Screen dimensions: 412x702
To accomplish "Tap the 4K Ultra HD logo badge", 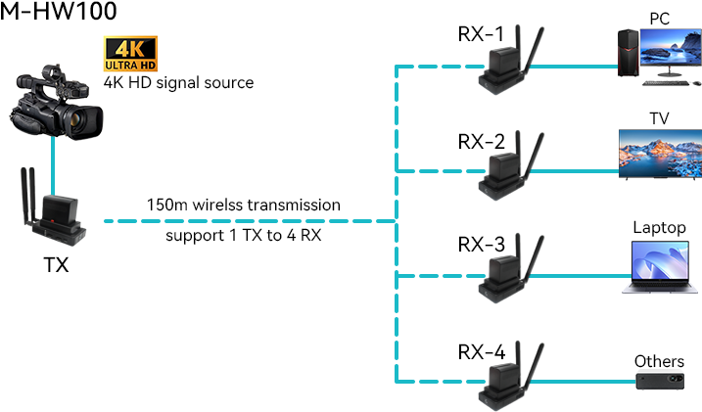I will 130,55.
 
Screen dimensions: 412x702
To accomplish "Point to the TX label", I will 55,264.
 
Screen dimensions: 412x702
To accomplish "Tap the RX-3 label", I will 481,244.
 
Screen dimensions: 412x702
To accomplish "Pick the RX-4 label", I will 481,350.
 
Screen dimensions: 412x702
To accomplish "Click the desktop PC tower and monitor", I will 657,55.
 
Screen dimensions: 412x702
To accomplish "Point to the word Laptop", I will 659,228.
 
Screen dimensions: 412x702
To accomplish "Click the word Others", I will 659,361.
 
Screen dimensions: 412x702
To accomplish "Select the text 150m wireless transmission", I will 244,206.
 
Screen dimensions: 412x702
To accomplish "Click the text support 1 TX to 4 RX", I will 244,236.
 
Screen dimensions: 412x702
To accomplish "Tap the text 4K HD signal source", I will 178,82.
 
